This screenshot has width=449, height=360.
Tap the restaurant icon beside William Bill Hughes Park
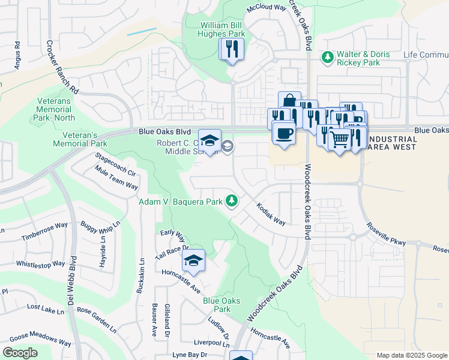[232, 49]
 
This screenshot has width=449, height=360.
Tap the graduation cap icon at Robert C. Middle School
[209, 141]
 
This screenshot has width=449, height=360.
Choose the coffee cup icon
[283, 132]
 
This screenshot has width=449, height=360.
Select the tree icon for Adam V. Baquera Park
[232, 201]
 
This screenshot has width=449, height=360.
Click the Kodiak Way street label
[271, 214]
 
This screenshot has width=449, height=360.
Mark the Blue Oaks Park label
[221, 305]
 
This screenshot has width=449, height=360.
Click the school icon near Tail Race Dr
[193, 260]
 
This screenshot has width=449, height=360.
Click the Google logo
[19, 353]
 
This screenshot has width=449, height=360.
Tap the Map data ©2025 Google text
[411, 355]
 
